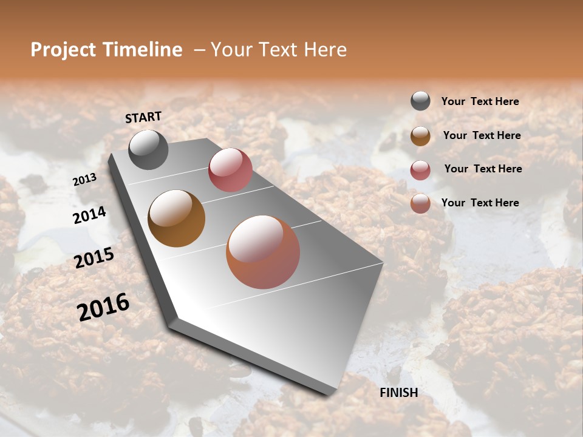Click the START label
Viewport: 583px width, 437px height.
pos(143,117)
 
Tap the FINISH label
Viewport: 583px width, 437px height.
pos(398,393)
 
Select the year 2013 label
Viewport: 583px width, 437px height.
pos(84,180)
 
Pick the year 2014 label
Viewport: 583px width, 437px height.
pos(89,215)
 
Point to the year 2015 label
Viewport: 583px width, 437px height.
pos(94,258)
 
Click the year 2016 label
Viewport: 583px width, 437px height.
pos(103,307)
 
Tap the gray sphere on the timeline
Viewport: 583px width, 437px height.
pos(148,149)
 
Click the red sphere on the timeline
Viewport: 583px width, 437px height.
pos(230,170)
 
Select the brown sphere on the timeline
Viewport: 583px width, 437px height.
pos(176,218)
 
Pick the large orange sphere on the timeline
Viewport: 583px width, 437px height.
pos(263,252)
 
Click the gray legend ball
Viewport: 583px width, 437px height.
pos(420,101)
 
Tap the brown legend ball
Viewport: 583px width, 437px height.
pos(420,136)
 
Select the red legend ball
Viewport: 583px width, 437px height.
pos(420,170)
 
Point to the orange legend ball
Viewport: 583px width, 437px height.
pos(420,203)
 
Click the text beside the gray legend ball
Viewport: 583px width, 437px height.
pos(480,102)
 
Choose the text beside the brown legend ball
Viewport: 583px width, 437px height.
pos(482,135)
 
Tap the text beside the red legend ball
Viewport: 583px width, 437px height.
pos(483,169)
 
